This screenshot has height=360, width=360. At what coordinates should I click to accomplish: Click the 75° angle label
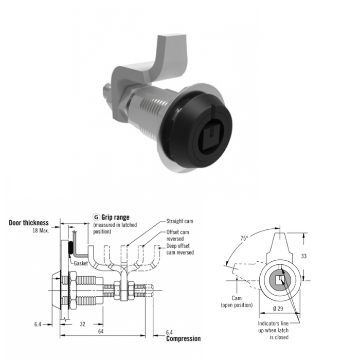point(244,238)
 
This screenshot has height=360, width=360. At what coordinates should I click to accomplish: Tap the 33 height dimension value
point(303,256)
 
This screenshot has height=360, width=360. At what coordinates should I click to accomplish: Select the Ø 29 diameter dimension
point(278,309)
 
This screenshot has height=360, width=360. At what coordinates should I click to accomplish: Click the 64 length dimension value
point(101,331)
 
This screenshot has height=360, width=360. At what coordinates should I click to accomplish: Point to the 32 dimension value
point(82,324)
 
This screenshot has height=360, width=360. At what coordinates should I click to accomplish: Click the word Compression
point(183,338)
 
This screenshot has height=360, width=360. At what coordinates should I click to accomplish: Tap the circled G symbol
point(96,217)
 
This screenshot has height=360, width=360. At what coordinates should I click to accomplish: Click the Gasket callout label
point(81,263)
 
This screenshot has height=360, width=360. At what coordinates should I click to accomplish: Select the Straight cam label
point(180,221)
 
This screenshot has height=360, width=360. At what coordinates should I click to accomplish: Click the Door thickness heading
point(29,223)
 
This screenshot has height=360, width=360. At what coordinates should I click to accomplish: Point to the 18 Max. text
point(41,230)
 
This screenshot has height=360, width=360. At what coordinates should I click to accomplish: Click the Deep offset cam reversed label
point(180,249)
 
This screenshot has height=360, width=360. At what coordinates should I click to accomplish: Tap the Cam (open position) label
point(237,301)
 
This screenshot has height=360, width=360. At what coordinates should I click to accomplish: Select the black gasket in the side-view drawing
point(71,248)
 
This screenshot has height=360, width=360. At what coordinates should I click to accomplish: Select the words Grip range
point(116,217)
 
